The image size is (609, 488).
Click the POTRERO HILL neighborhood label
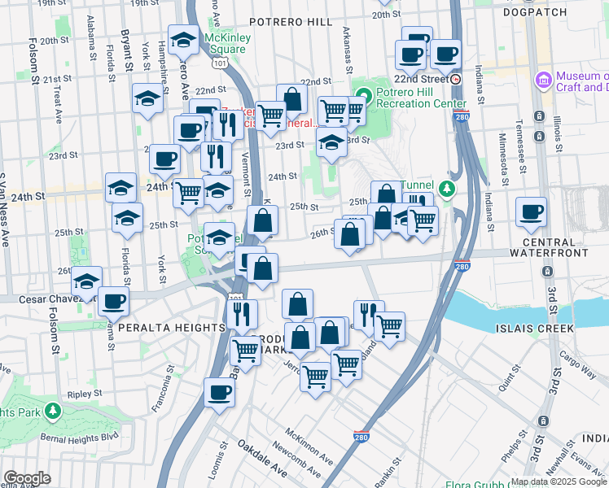(x=291, y=21)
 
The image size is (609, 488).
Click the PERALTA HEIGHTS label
(x=171, y=327)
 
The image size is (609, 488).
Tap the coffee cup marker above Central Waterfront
(x=531, y=212)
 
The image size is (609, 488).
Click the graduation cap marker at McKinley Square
(x=184, y=39)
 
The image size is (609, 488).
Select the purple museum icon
(x=543, y=81)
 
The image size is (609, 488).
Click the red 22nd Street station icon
(x=455, y=79)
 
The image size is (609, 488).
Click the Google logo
(x=28, y=478)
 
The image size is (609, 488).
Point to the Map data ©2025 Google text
(x=559, y=481)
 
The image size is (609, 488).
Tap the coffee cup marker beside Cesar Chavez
(x=113, y=302)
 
